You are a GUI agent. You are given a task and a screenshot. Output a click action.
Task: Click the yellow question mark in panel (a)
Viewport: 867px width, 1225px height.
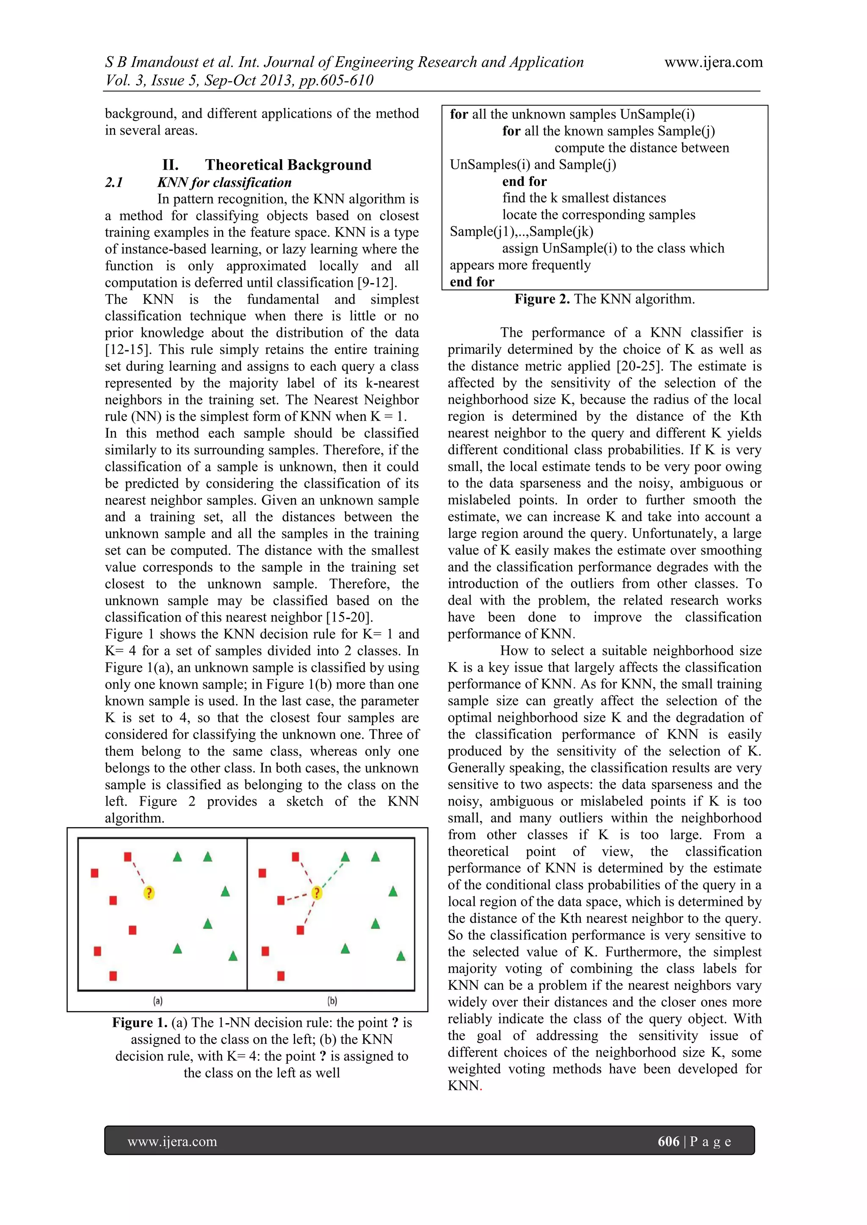tap(149, 892)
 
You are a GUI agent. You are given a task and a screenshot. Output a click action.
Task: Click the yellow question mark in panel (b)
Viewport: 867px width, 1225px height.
tap(317, 892)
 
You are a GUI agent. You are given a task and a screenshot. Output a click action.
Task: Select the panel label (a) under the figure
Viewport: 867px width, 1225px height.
tap(158, 1001)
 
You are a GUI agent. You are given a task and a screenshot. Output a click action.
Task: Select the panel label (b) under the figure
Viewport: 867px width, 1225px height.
tap(332, 1001)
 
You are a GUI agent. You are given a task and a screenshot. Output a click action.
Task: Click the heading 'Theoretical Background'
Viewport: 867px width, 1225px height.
tap(288, 165)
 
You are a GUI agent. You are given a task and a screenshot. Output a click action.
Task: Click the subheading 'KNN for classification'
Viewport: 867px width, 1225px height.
tap(224, 182)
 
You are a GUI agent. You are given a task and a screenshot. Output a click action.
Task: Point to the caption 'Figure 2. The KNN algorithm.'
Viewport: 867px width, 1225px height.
tap(605, 299)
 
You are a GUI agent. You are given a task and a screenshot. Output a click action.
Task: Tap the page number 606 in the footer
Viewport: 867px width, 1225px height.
tap(668, 1141)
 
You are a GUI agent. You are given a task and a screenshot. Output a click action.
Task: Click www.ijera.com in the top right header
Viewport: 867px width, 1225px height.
tap(713, 63)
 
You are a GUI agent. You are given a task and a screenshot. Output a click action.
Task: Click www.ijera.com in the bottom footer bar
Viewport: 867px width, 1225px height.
tap(172, 1142)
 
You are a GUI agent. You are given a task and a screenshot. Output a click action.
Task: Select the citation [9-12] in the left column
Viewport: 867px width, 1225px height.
tap(377, 283)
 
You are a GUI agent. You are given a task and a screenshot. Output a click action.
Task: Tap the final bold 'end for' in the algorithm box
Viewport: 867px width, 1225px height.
tap(472, 282)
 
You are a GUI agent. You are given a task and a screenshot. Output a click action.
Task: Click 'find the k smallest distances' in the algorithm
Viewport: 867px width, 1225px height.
tap(584, 198)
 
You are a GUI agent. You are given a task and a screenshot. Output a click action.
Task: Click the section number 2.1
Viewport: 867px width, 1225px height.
tap(114, 182)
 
